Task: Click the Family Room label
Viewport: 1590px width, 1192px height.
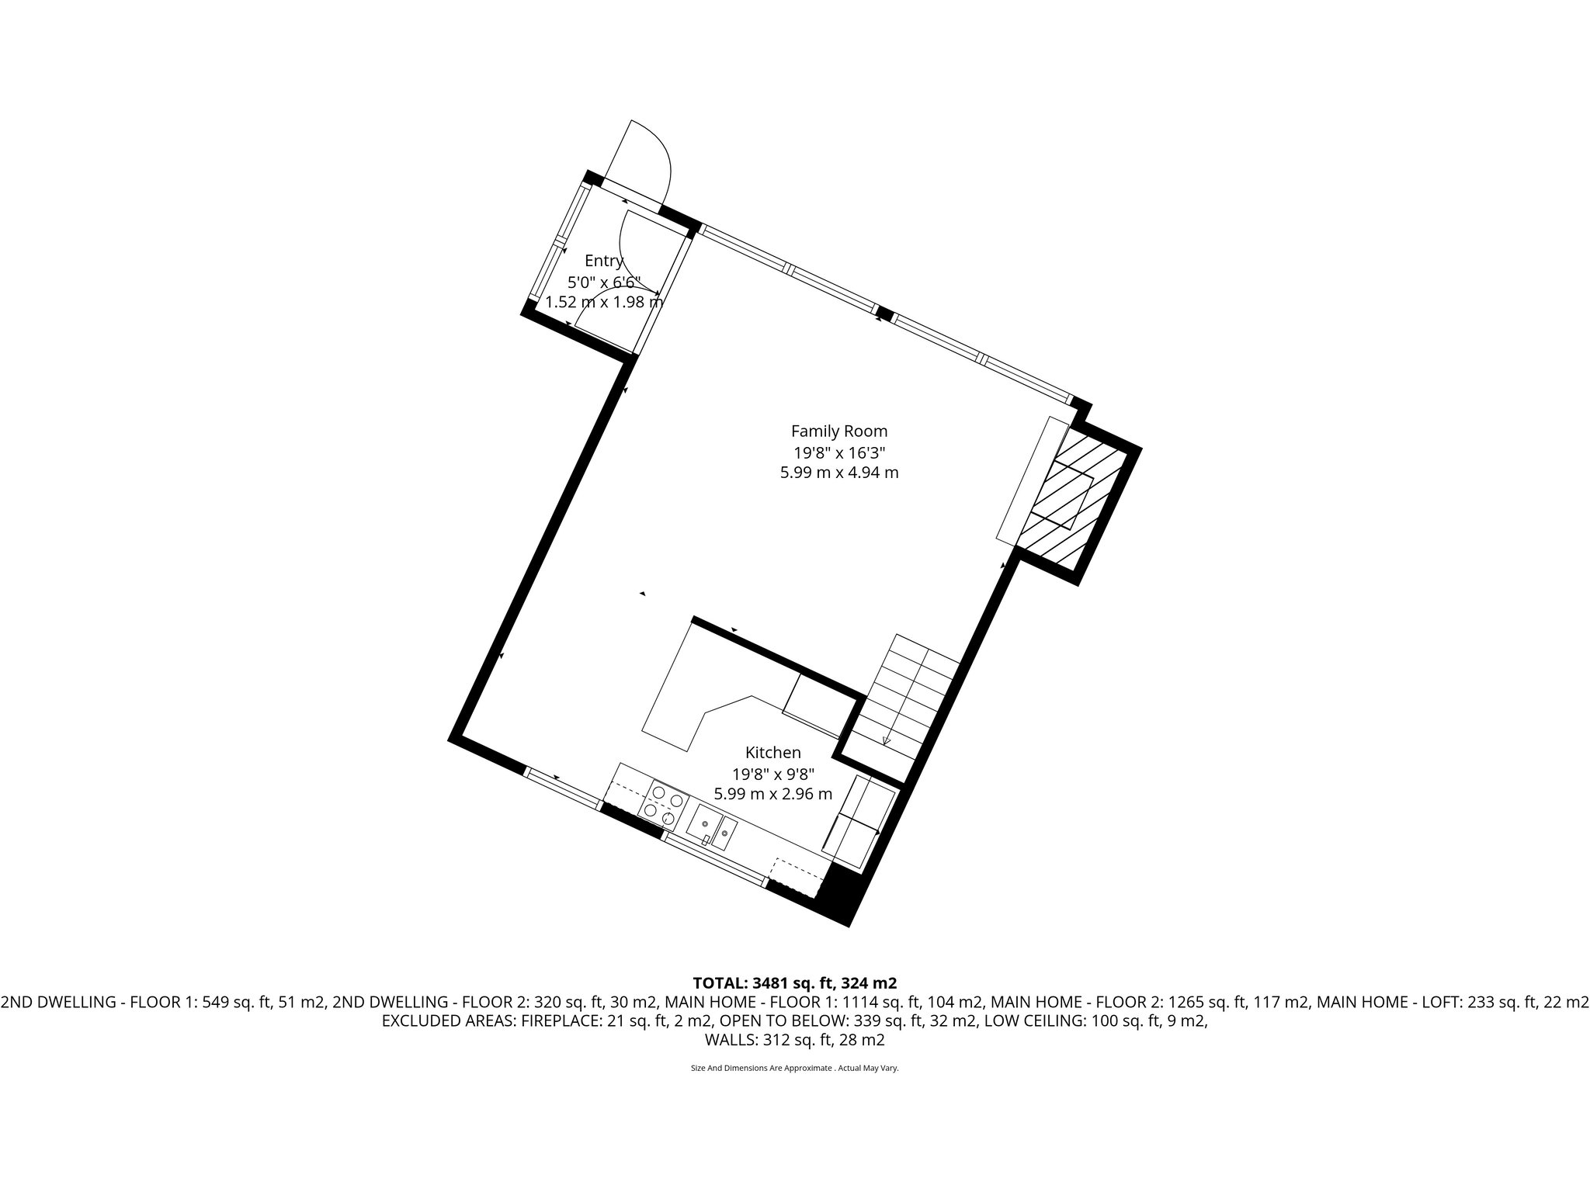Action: click(838, 431)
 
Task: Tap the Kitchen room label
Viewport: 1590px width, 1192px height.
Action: click(772, 752)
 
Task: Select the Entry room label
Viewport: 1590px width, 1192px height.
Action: click(604, 261)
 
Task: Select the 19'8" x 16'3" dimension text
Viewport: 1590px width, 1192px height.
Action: click(838, 452)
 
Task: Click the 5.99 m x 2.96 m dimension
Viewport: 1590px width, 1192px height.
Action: click(772, 794)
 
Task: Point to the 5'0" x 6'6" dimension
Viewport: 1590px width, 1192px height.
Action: click(604, 282)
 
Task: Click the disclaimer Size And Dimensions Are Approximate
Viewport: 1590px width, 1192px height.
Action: click(793, 1068)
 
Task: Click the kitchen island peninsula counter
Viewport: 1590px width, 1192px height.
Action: click(675, 698)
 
